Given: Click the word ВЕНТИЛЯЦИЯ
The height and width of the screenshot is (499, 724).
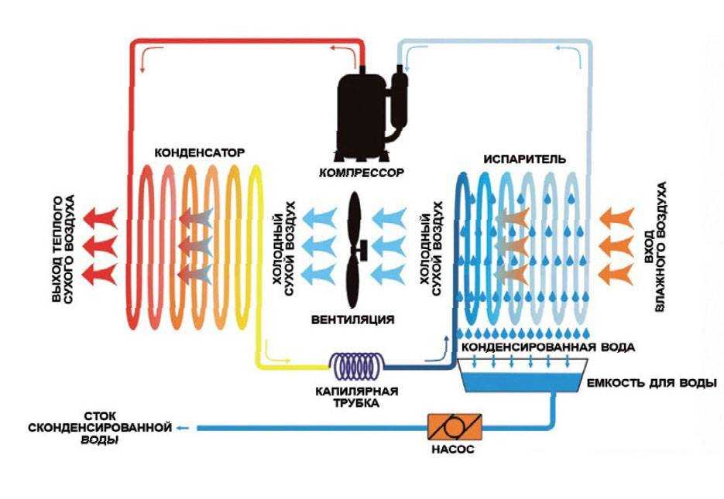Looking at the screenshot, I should pos(352,319).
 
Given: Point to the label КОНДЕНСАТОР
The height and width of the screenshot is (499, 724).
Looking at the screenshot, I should pos(200,152).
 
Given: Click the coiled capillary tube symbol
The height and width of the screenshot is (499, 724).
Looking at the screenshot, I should pos(357,363).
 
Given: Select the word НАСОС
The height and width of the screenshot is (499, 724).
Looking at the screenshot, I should pos(455,449).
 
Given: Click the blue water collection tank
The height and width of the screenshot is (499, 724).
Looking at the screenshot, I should pos(519,380).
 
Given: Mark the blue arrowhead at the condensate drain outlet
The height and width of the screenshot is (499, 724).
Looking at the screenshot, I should pos(180,427).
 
